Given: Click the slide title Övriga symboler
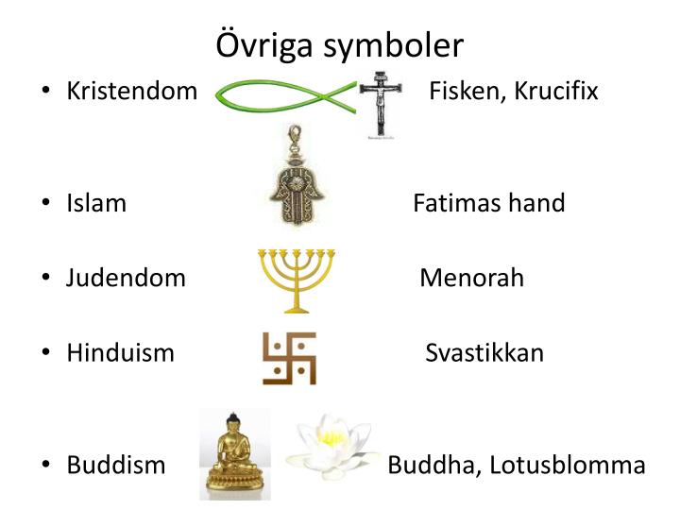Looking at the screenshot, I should coord(340,44).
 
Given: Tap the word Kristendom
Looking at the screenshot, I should coord(131,92).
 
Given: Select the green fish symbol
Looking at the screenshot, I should coord(283,94).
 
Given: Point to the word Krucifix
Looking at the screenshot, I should coord(556,92).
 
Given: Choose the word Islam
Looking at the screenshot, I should coord(96,203).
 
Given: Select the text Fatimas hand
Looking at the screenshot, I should coord(489,203).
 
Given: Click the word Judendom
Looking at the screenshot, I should coord(126,278).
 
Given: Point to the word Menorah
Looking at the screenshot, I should coord(471,278).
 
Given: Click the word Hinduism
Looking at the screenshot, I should coord(120,353).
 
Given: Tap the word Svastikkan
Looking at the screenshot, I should coord(484,353).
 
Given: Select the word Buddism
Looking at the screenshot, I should coord(115,466).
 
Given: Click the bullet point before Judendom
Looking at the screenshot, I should coord(46,279).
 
